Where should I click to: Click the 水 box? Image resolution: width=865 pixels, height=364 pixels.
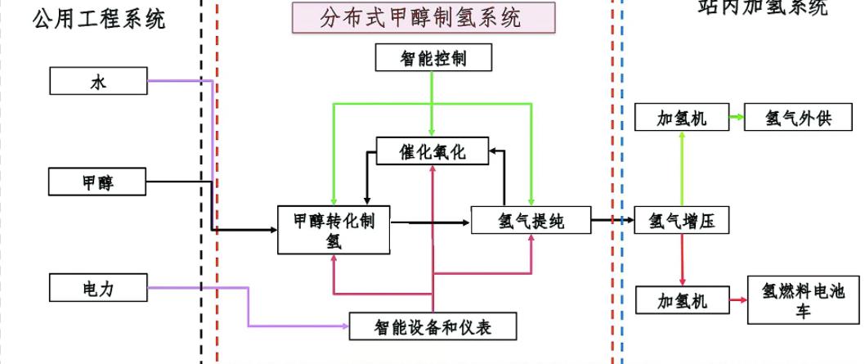[97, 81]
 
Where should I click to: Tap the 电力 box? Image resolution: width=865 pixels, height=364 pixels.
[97, 288]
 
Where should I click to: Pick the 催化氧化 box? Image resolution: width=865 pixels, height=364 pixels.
[433, 151]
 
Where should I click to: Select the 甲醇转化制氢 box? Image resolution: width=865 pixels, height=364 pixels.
[334, 230]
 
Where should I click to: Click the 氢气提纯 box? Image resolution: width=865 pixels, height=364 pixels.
[531, 220]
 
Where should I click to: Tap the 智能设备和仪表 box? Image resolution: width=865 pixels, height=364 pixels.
[433, 326]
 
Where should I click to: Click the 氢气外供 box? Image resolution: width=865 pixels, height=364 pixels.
[797, 118]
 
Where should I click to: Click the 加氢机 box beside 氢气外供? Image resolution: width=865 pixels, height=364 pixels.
[682, 118]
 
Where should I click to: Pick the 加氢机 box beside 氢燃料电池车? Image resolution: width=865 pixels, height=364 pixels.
[682, 301]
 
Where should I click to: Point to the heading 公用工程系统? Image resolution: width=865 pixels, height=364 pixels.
[98, 19]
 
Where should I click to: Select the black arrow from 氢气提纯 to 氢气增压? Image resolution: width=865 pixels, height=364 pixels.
[612, 220]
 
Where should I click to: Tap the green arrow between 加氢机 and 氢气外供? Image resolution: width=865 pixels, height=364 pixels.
[737, 118]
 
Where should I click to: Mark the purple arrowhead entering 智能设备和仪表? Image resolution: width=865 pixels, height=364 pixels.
[344, 326]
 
